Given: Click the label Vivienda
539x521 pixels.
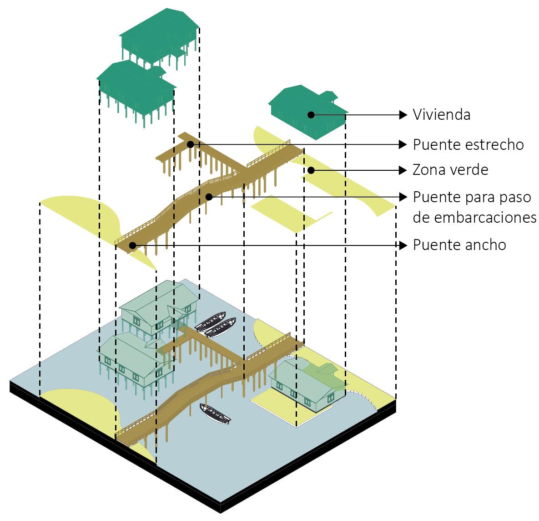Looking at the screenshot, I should click(441, 114).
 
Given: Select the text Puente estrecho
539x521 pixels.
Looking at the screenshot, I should click(468, 144).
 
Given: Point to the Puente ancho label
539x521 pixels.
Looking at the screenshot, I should click(459, 245).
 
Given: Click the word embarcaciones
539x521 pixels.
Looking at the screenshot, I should click(474, 218).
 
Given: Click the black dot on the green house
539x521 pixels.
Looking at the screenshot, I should click(311, 115).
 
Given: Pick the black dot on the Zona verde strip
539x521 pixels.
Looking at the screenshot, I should click(311, 170).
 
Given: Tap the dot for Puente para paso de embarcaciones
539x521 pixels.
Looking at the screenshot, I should click(209, 197).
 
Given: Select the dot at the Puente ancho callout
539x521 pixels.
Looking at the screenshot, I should click(132, 245).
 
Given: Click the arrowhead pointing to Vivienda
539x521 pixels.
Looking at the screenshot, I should click(403, 115).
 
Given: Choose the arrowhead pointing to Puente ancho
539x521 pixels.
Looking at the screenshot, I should click(403, 245).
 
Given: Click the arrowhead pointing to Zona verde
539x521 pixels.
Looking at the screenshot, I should click(403, 170).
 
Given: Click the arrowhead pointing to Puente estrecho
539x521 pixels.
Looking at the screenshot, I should click(403, 144).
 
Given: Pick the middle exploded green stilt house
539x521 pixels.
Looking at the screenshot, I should click(136, 91).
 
